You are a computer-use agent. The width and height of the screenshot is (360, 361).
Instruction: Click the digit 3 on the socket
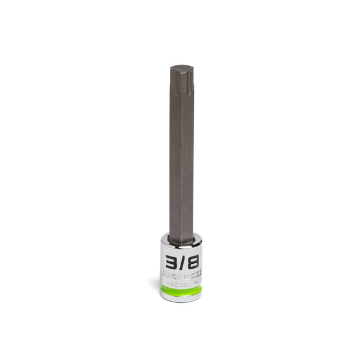170,262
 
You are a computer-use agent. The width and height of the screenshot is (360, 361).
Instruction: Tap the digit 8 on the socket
192,262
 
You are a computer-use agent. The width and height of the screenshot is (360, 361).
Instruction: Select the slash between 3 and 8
181,262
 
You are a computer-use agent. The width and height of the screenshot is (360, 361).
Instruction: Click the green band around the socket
181,290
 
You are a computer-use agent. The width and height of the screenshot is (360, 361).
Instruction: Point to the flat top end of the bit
181,68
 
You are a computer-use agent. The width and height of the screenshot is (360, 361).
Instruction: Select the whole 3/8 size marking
181,262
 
